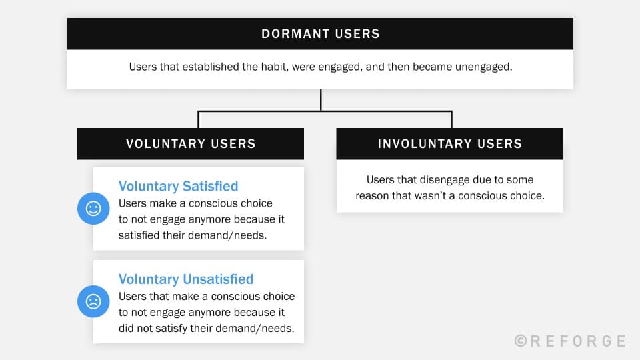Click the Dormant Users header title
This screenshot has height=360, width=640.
click(x=320, y=34)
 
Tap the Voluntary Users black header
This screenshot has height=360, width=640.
click(x=191, y=143)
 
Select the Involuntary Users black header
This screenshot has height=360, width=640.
click(x=449, y=143)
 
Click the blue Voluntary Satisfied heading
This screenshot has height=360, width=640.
click(x=178, y=187)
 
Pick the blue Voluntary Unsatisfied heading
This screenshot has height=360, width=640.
click(x=186, y=279)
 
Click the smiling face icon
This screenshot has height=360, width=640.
click(x=93, y=209)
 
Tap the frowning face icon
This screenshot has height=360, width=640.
click(x=93, y=301)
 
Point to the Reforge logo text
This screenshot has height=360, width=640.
click(x=579, y=341)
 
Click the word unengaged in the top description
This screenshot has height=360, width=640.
click(x=483, y=67)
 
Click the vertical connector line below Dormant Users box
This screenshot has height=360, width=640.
click(x=321, y=100)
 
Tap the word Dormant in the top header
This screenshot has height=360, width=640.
click(x=290, y=34)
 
